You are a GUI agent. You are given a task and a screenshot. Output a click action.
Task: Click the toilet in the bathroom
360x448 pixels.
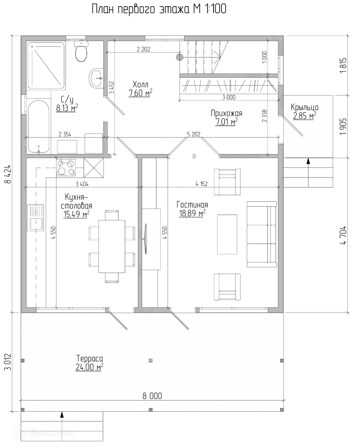(x=81, y=51)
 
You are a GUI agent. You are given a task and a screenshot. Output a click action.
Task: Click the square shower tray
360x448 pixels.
(x=46, y=66)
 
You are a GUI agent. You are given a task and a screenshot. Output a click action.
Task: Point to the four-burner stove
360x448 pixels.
(x=66, y=167)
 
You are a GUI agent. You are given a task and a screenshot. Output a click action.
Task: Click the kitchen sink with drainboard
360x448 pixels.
(x=36, y=218)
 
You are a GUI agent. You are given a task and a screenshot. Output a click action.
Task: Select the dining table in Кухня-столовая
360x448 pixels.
(x=112, y=246)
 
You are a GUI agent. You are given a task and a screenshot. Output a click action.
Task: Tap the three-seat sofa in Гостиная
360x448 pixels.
(x=262, y=234)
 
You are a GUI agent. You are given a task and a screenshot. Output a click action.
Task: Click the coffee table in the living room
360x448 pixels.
(x=227, y=234)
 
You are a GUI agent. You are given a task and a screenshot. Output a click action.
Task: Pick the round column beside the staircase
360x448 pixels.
(x=180, y=57)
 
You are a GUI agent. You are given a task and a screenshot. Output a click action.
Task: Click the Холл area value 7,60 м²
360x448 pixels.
(x=140, y=93)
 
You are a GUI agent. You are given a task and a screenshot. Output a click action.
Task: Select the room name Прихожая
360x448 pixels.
(x=226, y=113)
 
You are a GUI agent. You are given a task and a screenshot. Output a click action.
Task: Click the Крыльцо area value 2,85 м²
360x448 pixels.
(x=305, y=116)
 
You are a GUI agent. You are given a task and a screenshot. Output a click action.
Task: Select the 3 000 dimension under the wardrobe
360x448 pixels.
(x=229, y=97)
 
